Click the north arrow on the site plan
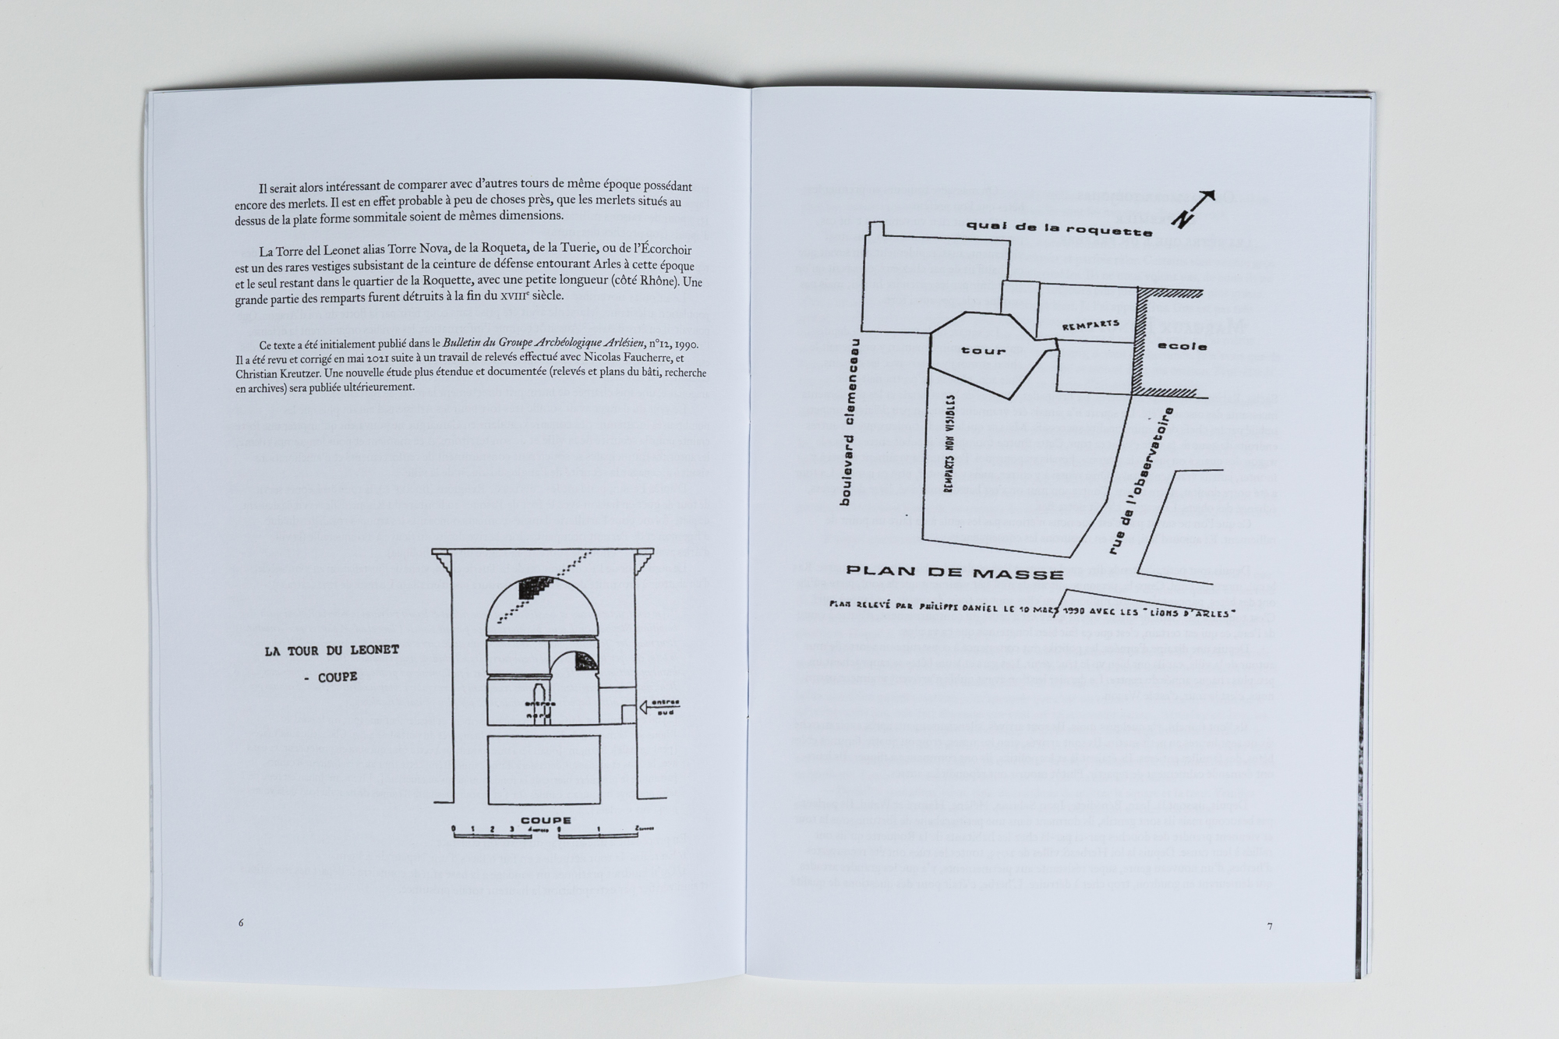[x=1193, y=208]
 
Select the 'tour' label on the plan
[x=984, y=351]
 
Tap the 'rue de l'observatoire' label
[x=1140, y=483]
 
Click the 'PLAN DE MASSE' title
[x=955, y=574]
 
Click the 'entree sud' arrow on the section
[x=658, y=707]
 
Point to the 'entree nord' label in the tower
[x=539, y=709]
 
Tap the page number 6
[x=241, y=923]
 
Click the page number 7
[x=1270, y=927]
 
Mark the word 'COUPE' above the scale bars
[x=546, y=820]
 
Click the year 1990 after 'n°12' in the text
[x=686, y=344]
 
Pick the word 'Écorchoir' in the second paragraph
[x=664, y=250]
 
